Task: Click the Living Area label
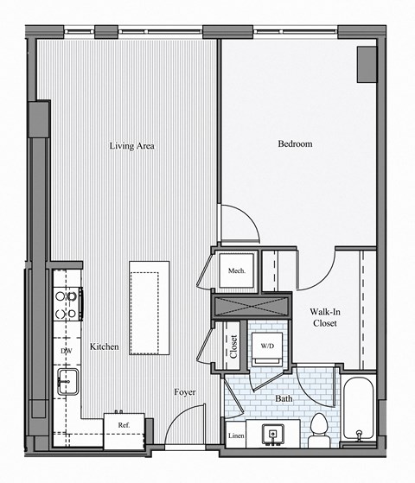coord(131,146)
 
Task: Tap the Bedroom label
coord(294,144)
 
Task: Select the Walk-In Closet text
coord(323,317)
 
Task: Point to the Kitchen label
coord(104,346)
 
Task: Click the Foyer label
coord(183,392)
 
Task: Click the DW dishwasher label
coord(66,352)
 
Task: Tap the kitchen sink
coord(67,380)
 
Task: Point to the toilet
coord(318,428)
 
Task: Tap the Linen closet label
coord(236,436)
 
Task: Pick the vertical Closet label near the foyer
coord(234,345)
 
